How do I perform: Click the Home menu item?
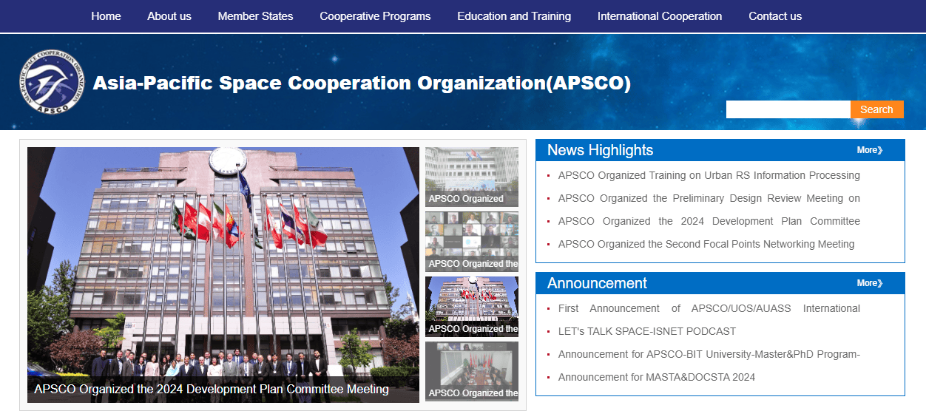click(106, 16)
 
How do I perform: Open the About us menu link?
click(169, 16)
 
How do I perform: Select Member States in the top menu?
click(255, 16)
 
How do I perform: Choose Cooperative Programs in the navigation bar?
click(375, 16)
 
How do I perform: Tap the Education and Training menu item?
click(514, 16)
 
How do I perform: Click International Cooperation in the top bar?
click(659, 16)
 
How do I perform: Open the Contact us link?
click(775, 16)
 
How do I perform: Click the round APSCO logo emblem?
click(52, 82)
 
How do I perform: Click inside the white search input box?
click(788, 109)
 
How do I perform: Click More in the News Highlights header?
click(869, 150)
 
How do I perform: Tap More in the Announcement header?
click(869, 283)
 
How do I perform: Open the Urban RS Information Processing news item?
click(709, 175)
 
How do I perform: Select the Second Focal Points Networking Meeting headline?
click(706, 244)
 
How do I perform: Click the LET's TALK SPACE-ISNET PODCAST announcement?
click(647, 331)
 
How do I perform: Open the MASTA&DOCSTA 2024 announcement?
click(657, 377)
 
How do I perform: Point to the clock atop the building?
click(228, 160)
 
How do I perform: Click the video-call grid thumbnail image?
click(472, 242)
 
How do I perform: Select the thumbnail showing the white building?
click(472, 177)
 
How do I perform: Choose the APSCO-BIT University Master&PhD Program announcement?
click(709, 354)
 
